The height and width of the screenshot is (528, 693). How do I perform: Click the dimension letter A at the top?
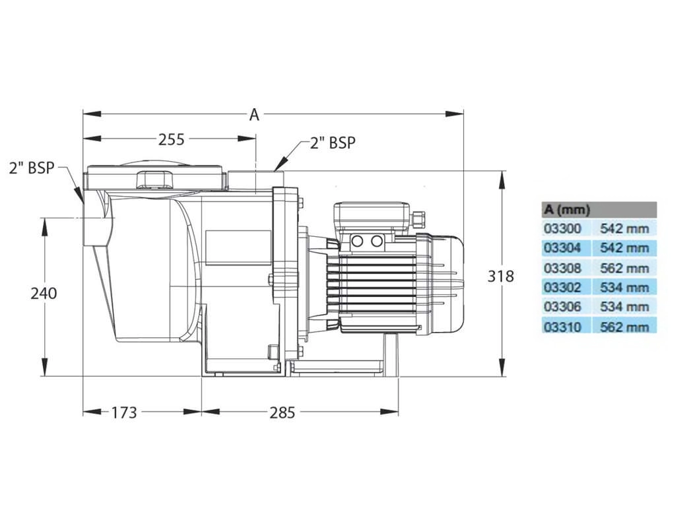coord(254,114)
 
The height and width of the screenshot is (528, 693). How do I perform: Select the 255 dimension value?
coord(171,139)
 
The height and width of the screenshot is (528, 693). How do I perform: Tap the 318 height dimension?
coord(500,276)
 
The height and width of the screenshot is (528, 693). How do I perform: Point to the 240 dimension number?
coord(44,293)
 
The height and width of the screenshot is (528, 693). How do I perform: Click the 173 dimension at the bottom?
coord(123,412)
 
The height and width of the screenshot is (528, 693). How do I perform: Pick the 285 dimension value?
coord(282,412)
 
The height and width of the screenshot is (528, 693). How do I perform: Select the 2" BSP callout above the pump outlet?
coord(333,143)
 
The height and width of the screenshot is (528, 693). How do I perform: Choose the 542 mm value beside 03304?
coord(624,248)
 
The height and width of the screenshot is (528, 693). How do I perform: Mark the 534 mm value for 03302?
coord(624,288)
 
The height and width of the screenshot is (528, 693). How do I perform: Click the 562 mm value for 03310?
coord(624,327)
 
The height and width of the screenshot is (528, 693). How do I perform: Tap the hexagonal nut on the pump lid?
coord(154,180)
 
